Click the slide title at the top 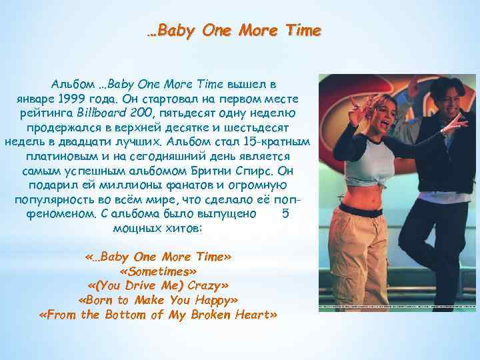pos(233,31)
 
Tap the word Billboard pos(99,112)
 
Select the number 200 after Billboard pos(137,112)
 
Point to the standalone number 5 pos(286,214)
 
